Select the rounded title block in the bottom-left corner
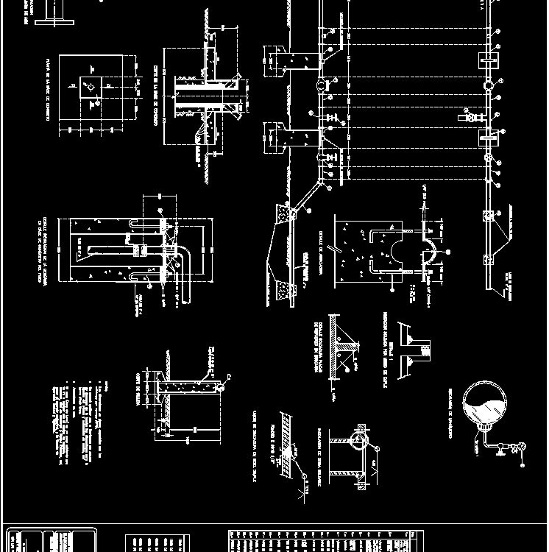click(x=49, y=539)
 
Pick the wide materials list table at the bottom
click(x=324, y=539)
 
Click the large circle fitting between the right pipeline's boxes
click(x=489, y=85)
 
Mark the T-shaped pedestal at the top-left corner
click(x=52, y=15)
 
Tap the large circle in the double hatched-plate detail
click(x=358, y=441)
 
